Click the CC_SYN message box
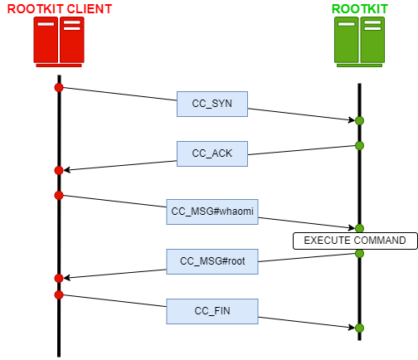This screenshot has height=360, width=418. [212, 104]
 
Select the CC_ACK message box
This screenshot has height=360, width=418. [212, 153]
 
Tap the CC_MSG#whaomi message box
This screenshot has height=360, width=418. [212, 212]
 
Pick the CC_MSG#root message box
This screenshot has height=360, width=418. [212, 261]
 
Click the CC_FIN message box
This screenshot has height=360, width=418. [212, 311]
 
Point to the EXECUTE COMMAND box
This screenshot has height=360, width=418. [355, 241]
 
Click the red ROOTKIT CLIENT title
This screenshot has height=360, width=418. [60, 9]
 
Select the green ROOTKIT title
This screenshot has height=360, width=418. [359, 9]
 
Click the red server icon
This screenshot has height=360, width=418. [59, 41]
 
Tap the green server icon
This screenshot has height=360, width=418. [359, 41]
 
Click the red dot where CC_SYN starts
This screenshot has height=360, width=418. [59, 87]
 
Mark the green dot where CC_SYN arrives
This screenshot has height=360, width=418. [359, 120]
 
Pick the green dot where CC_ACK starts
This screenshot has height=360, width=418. [359, 145]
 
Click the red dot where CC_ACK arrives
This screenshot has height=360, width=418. [59, 170]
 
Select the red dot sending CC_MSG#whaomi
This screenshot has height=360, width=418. [59, 195]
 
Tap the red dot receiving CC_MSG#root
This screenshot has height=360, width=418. [59, 278]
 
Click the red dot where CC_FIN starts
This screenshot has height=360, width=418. [59, 294]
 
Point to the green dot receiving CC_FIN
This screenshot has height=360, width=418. [359, 328]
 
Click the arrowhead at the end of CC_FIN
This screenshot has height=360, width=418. [352, 328]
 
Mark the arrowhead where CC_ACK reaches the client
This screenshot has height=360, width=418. [66, 170]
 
